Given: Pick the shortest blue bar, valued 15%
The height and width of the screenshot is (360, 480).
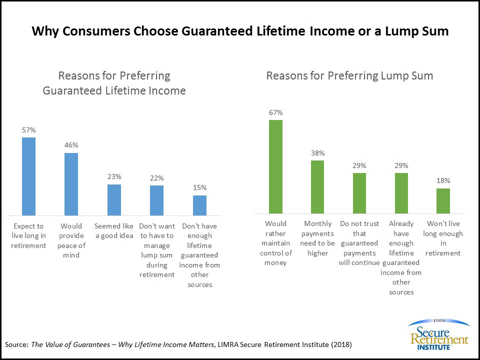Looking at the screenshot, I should click(199, 205).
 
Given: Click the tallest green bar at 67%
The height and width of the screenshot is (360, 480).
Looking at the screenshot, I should click(275, 166).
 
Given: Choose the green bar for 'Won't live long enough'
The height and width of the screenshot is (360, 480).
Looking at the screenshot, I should click(443, 200).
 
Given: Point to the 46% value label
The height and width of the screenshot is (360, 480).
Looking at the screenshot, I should click(71, 145).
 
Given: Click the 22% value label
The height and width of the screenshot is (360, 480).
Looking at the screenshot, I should click(156, 178).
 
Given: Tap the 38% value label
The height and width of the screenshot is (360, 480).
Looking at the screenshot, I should click(317, 153).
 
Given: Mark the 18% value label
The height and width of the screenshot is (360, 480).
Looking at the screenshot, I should click(443, 180).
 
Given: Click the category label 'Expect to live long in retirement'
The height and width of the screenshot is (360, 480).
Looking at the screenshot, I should click(29, 235).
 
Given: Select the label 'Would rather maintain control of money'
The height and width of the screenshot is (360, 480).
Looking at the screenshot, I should click(275, 243).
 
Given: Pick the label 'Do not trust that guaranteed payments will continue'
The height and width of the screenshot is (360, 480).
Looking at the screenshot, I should click(359, 243).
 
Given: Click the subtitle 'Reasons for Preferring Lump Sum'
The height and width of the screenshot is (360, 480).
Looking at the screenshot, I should click(349, 76).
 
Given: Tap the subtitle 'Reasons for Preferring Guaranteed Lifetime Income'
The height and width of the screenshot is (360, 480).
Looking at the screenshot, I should click(114, 83).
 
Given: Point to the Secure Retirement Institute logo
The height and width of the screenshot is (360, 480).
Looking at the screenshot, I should click(438, 334).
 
